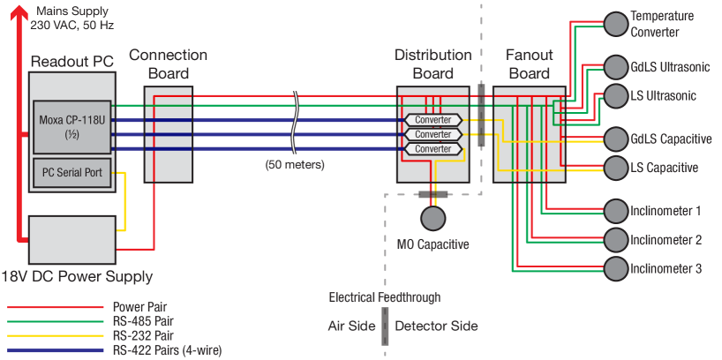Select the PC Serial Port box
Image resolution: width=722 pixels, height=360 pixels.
click(x=73, y=173)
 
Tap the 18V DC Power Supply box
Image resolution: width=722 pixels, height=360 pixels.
click(x=72, y=238)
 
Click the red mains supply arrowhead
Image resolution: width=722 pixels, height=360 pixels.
click(x=20, y=11)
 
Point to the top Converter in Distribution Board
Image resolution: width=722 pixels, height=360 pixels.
click(x=432, y=120)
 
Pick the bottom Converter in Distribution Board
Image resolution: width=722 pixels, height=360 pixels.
click(x=432, y=149)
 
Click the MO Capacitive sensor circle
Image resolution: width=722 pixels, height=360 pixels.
click(x=432, y=217)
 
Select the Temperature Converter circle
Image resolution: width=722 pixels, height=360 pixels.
click(x=615, y=25)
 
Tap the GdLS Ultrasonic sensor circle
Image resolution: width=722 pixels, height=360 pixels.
click(x=615, y=67)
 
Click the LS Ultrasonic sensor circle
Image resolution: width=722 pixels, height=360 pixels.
click(x=615, y=95)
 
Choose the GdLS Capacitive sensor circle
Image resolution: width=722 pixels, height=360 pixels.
click(x=615, y=139)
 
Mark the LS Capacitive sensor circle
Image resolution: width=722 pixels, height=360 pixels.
click(x=615, y=167)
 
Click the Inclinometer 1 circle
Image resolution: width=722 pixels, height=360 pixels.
click(x=615, y=211)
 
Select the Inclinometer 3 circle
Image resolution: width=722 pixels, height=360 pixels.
click(x=615, y=268)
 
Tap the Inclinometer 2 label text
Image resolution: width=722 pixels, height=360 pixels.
click(x=666, y=240)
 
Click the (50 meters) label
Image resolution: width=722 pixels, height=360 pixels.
click(x=295, y=165)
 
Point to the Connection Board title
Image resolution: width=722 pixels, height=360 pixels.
click(x=168, y=64)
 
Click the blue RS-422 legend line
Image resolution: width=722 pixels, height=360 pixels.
click(x=56, y=350)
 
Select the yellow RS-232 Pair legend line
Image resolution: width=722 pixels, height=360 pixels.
click(x=56, y=336)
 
